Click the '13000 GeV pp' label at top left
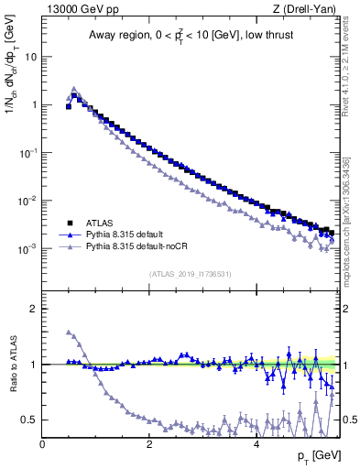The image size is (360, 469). [x=80, y=10]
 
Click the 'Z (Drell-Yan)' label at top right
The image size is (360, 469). [x=302, y=10]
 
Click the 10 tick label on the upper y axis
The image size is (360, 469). [x=30, y=57]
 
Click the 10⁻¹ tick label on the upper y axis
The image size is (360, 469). [x=28, y=153]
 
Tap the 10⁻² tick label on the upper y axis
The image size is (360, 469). [x=28, y=201]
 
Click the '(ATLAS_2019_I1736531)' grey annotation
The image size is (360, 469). [x=189, y=274]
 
